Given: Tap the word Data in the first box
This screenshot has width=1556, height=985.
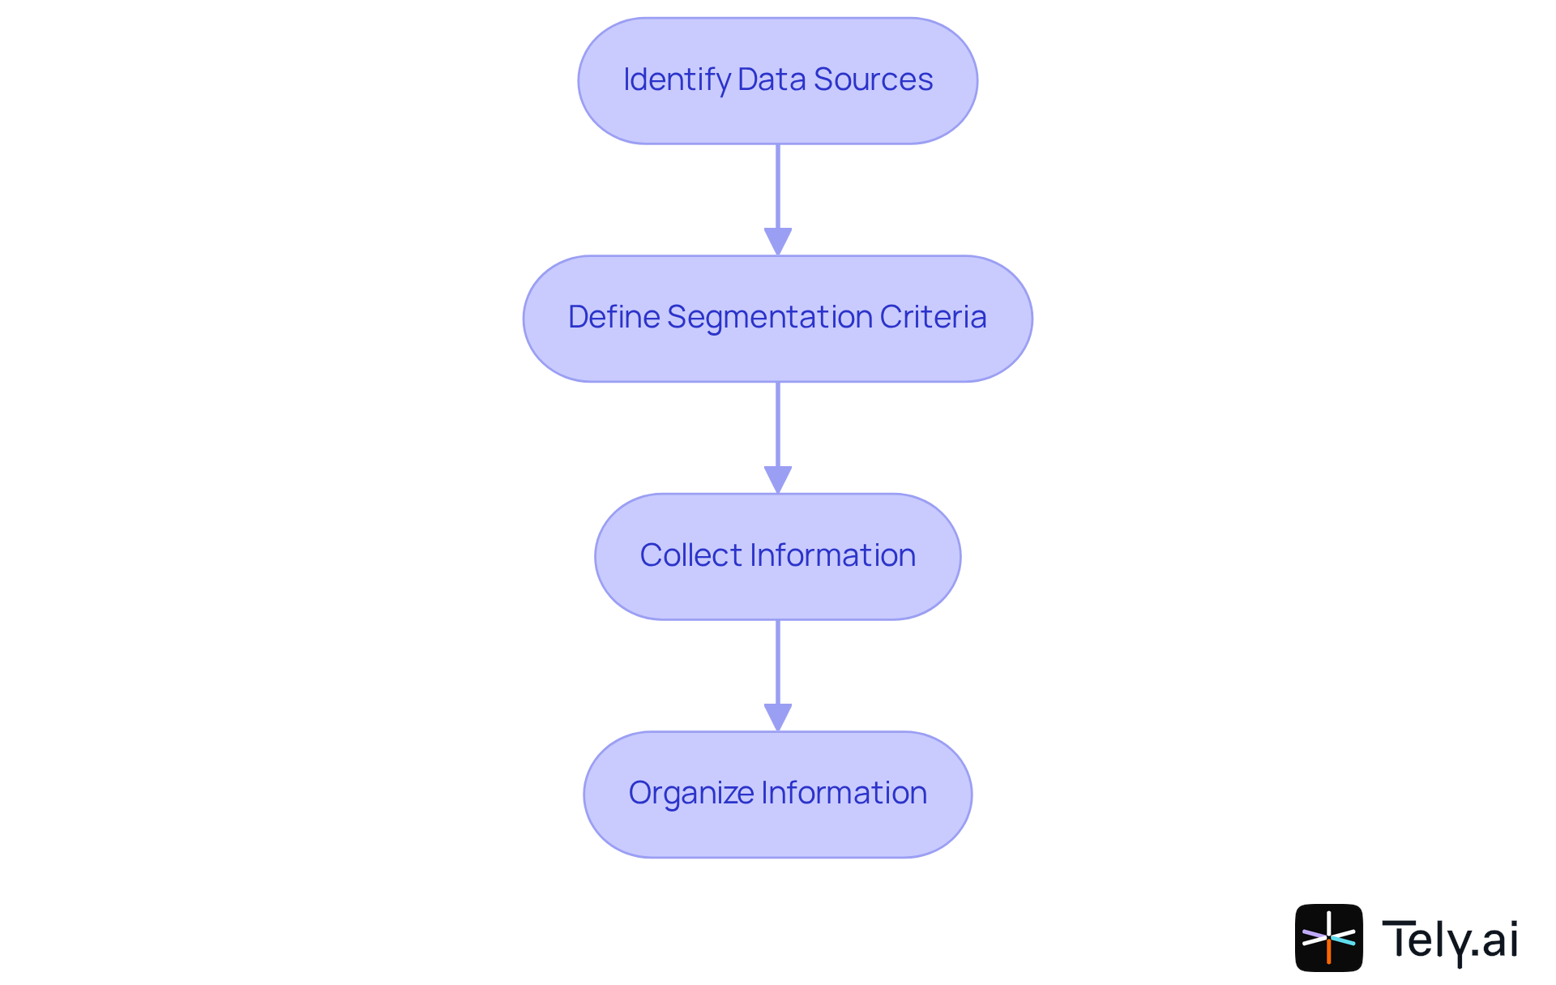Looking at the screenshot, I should [x=772, y=80].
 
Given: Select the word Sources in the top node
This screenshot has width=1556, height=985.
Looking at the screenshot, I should [x=873, y=80].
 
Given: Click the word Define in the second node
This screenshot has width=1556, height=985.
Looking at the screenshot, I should [x=613, y=318].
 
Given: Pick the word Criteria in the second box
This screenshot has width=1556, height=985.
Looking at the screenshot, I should [x=933, y=318].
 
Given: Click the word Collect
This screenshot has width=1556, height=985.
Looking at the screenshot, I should [x=690, y=556].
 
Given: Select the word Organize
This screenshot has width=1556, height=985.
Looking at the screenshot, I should [x=690, y=794].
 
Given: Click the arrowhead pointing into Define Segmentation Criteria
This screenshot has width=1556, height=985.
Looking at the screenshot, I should [x=778, y=242].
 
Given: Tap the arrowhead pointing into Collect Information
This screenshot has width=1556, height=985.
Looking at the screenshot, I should [x=778, y=479].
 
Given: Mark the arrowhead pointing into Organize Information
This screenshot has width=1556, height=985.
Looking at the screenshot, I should [x=778, y=717].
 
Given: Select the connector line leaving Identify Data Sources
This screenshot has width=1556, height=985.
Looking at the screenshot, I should [x=778, y=186].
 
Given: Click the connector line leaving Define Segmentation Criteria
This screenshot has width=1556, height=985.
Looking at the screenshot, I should [x=778, y=424].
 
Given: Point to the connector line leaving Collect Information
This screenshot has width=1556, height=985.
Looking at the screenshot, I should [x=778, y=662].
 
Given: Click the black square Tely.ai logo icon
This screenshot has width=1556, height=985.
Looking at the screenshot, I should [x=1328, y=937].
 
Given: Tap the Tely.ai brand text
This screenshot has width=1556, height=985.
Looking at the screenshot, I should [x=1449, y=940].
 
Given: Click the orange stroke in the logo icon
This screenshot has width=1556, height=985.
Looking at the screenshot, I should [x=1329, y=952].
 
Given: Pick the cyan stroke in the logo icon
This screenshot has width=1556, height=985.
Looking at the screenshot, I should [x=1344, y=940].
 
